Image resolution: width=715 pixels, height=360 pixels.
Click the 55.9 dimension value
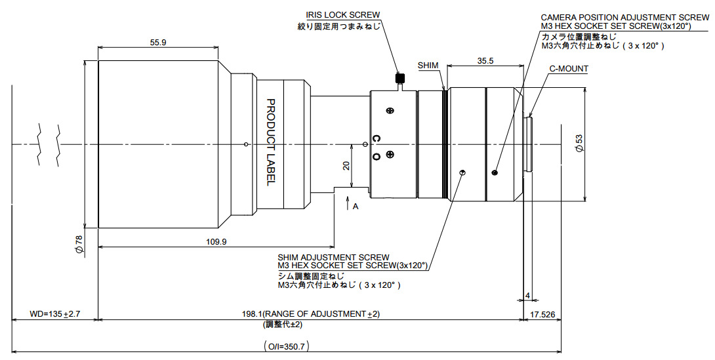click(x=158, y=43)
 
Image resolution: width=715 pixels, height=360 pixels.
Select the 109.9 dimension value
click(x=216, y=242)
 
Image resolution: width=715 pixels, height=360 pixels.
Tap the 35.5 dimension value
click(x=485, y=60)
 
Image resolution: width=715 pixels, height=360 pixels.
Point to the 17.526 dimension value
click(x=542, y=314)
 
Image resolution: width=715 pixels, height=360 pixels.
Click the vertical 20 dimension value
click(x=346, y=166)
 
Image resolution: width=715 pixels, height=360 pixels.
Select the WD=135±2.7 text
click(x=54, y=314)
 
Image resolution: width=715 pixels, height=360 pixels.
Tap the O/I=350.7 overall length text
click(x=287, y=346)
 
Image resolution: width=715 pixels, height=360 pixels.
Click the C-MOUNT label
click(x=569, y=69)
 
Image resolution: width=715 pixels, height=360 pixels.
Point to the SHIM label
click(x=428, y=66)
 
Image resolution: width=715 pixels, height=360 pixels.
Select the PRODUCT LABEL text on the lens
click(x=270, y=142)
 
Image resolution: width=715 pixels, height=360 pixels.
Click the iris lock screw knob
click(x=400, y=79)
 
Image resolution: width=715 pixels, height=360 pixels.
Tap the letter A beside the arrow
click(x=356, y=207)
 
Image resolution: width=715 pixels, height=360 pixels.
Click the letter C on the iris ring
click(x=377, y=138)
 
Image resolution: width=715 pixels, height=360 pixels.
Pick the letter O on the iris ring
click(x=377, y=157)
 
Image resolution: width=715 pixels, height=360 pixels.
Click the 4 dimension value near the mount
click(x=527, y=296)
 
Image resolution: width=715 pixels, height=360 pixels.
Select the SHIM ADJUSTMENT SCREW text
click(x=333, y=258)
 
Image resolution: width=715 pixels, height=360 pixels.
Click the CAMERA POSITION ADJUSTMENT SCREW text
click(x=625, y=18)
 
